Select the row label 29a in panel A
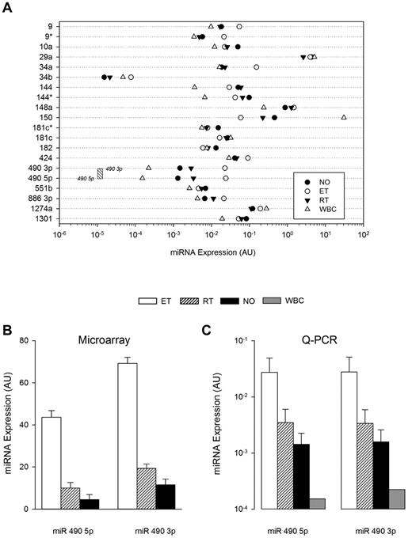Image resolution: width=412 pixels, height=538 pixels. pos(46,57)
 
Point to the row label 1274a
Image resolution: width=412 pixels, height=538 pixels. pos(42,208)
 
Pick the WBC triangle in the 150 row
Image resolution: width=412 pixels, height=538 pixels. pos(344,117)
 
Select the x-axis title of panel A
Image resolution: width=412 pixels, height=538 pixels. pos(210,251)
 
